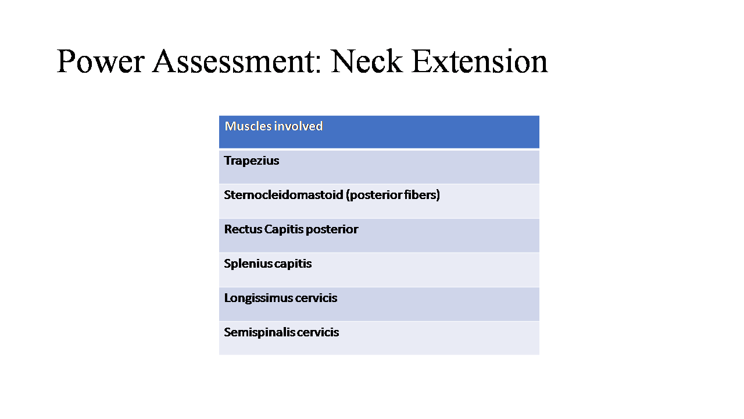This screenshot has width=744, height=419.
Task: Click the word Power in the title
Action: click(101, 61)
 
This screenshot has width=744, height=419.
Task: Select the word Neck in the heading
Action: click(367, 61)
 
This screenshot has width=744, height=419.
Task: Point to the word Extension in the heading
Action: click(480, 61)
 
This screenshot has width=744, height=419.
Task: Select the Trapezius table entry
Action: click(252, 161)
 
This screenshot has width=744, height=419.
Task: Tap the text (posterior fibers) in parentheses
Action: click(392, 195)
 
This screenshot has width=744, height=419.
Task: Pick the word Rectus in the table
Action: click(243, 229)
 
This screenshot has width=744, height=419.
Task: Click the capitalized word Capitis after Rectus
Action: click(284, 230)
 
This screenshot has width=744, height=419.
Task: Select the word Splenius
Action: click(248, 264)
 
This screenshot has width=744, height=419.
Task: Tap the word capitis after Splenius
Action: click(293, 264)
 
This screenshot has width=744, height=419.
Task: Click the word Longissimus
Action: click(258, 299)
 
